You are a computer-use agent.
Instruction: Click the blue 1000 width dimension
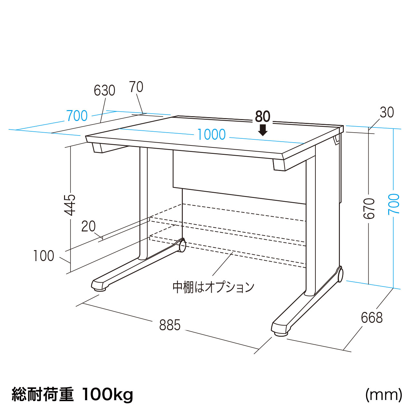pyautogui.click(x=211, y=134)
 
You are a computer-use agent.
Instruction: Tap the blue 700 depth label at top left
pyautogui.click(x=77, y=116)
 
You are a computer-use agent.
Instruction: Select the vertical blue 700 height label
pyautogui.click(x=394, y=204)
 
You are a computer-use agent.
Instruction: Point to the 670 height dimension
pyautogui.click(x=369, y=209)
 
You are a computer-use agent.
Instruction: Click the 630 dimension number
pyautogui.click(x=105, y=90)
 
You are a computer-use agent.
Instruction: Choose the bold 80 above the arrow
pyautogui.click(x=263, y=117)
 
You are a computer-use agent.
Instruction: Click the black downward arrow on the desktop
pyautogui.click(x=263, y=130)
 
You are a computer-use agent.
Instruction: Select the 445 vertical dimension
pyautogui.click(x=70, y=205)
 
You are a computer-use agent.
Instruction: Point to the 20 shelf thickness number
pyautogui.click(x=88, y=226)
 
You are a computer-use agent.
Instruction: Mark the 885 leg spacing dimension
pyautogui.click(x=170, y=325)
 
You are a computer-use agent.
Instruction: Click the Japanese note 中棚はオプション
pyautogui.click(x=213, y=287)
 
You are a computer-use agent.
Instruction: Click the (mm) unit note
pyautogui.click(x=383, y=394)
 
